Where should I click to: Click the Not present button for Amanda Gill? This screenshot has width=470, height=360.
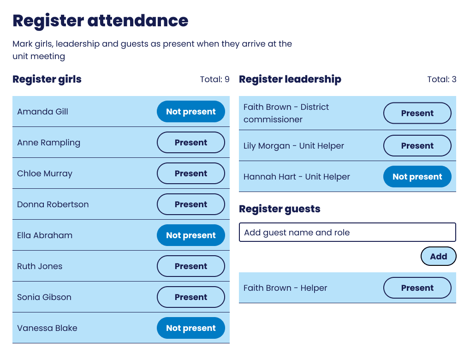pyautogui.click(x=191, y=112)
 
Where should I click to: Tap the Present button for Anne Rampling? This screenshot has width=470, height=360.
pyautogui.click(x=191, y=143)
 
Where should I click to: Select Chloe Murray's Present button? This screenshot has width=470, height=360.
pyautogui.click(x=191, y=174)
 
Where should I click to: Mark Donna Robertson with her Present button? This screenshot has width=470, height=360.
pyautogui.click(x=191, y=204)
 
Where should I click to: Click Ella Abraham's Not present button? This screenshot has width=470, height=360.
pyautogui.click(x=191, y=235)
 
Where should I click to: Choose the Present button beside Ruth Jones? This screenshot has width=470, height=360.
pyautogui.click(x=191, y=266)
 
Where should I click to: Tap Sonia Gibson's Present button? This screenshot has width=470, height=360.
pyautogui.click(x=191, y=297)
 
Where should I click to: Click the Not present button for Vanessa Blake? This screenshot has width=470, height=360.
pyautogui.click(x=191, y=328)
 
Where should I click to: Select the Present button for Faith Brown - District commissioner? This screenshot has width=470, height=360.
pyautogui.click(x=417, y=113)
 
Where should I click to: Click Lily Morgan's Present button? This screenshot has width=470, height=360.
pyautogui.click(x=417, y=146)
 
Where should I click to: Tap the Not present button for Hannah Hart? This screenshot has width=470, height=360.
pyautogui.click(x=417, y=177)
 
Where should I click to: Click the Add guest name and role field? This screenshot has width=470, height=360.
pyautogui.click(x=347, y=233)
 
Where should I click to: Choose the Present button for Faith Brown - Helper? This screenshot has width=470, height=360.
pyautogui.click(x=417, y=288)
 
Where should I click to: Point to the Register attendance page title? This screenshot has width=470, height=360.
pyautogui.click(x=101, y=21)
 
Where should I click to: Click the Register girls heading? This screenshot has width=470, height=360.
pyautogui.click(x=47, y=79)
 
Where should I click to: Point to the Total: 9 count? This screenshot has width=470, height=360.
pyautogui.click(x=214, y=79)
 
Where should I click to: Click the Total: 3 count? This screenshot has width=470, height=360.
pyautogui.click(x=441, y=79)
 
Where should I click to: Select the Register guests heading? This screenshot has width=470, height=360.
pyautogui.click(x=280, y=209)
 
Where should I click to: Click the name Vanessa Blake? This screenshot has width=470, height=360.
pyautogui.click(x=47, y=328)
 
